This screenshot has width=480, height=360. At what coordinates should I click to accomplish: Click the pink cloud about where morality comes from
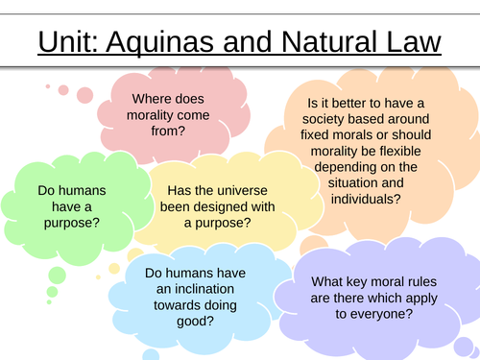click(161, 114)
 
